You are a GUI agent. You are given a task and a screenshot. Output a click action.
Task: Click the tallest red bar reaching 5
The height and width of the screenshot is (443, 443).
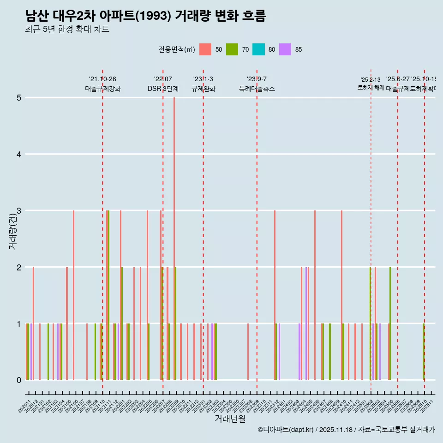click(x=174, y=239)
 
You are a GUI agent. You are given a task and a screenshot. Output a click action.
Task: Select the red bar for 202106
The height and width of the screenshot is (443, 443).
click(x=73, y=295)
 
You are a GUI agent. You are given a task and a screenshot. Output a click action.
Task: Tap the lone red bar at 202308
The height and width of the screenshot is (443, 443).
click(x=248, y=352)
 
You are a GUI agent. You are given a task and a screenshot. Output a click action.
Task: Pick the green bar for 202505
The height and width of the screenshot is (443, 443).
click(x=390, y=323)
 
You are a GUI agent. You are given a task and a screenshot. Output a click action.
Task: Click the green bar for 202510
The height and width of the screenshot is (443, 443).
click(x=424, y=352)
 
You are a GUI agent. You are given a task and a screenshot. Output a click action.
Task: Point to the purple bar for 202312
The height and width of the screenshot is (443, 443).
click(x=279, y=352)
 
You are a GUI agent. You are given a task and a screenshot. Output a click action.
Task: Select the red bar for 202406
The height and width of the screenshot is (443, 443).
click(x=315, y=295)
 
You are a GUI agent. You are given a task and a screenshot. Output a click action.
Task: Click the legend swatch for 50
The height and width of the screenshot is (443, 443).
click(x=205, y=49)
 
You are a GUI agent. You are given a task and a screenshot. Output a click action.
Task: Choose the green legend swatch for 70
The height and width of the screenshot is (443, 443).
click(x=232, y=49)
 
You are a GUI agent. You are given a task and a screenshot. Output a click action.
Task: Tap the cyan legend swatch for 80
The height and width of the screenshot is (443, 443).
click(x=258, y=49)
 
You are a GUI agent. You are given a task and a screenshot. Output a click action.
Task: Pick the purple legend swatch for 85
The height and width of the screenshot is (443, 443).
click(x=285, y=49)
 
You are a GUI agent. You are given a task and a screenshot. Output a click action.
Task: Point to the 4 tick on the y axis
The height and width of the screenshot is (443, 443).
click(x=19, y=154)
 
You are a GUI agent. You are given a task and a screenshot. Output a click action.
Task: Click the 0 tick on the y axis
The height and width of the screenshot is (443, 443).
click(x=19, y=380)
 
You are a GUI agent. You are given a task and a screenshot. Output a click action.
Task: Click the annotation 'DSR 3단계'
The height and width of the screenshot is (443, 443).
click(x=163, y=89)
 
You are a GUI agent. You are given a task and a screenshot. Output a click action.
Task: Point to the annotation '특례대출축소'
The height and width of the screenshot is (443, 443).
click(x=257, y=89)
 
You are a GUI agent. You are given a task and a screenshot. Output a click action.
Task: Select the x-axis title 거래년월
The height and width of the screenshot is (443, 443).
click(x=230, y=419)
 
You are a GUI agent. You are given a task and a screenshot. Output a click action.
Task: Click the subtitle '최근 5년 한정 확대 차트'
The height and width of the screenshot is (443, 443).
click(x=67, y=30)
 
